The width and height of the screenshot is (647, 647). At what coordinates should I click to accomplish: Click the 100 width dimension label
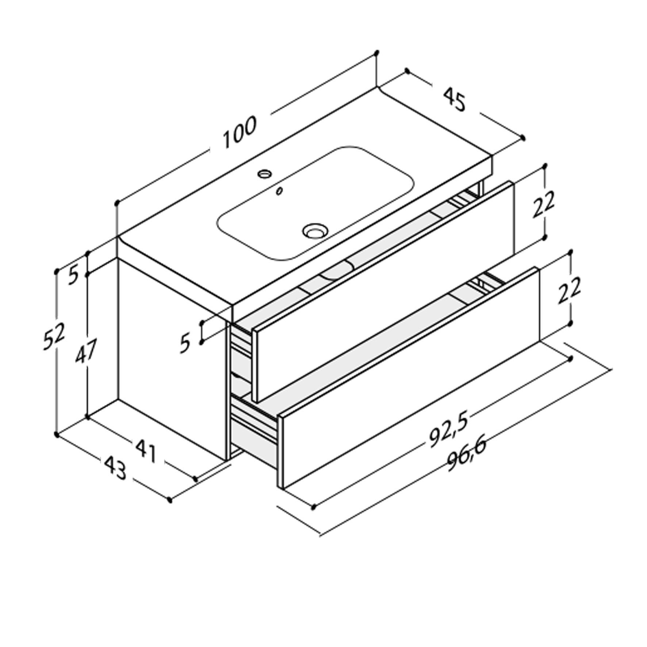[x=240, y=132]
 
